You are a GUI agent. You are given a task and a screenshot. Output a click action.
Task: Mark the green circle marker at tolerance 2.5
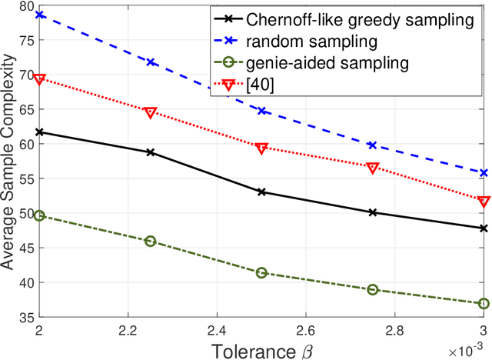tap(261, 273)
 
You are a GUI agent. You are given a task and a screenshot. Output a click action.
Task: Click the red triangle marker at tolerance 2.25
tap(150, 112)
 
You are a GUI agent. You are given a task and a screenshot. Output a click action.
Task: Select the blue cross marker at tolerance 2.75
tap(373, 145)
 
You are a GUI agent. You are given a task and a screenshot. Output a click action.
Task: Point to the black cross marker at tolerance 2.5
tap(261, 192)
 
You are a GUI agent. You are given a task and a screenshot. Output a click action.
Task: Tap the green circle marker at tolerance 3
tap(484, 304)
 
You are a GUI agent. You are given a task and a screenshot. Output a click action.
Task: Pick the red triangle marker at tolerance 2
tap(39, 78)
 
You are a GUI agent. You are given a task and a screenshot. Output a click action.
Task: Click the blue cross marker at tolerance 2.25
tap(150, 62)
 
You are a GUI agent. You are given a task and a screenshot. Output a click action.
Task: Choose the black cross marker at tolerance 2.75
tap(373, 212)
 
